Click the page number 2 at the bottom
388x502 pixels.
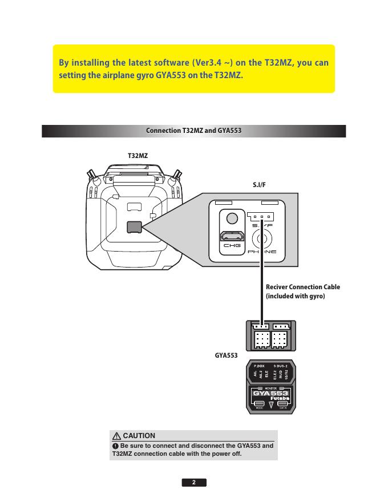click(x=194, y=483)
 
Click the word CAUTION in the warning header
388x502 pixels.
click(x=139, y=436)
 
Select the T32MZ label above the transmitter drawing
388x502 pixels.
click(x=137, y=155)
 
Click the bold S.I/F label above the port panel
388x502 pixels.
click(x=260, y=185)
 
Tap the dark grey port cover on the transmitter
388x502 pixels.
click(x=135, y=226)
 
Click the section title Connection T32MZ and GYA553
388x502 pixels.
click(x=194, y=131)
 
